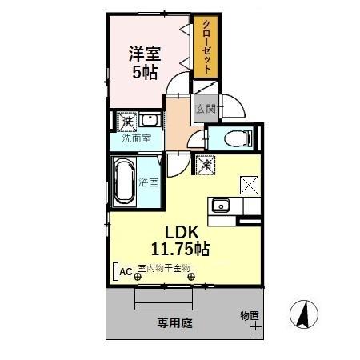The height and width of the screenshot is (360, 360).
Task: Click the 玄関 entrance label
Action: click(x=205, y=109)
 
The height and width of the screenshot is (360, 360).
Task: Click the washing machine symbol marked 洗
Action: click(x=126, y=122)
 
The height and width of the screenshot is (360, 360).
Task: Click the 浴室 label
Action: click(x=149, y=182)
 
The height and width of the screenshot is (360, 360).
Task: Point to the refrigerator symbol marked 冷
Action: click(x=205, y=165)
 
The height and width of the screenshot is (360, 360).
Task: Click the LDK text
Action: click(x=181, y=230)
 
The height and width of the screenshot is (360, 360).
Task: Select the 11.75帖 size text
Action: click(x=181, y=249)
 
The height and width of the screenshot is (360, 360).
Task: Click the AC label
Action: click(x=126, y=271)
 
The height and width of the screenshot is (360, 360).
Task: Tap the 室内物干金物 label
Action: click(x=164, y=268)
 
